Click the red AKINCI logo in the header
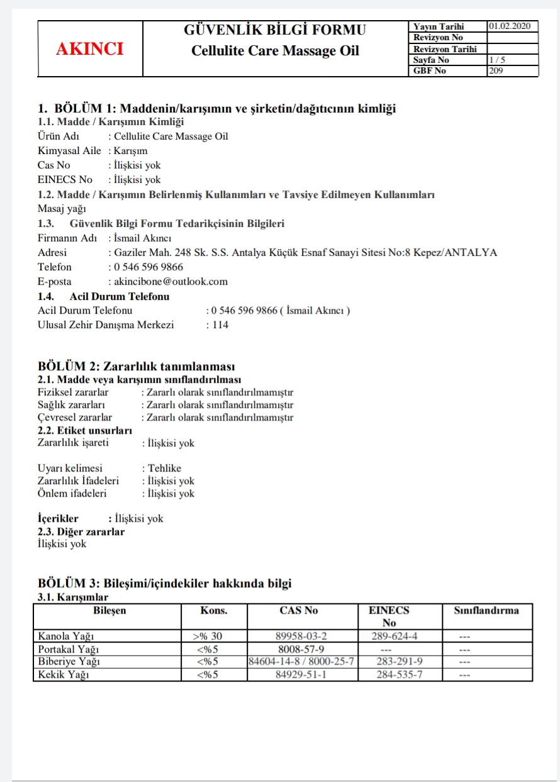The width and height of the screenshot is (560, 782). point(90,49)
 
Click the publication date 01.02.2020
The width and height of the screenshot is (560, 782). point(509,26)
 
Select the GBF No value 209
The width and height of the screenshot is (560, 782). point(496,70)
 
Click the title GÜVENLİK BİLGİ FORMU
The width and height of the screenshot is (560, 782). point(275,30)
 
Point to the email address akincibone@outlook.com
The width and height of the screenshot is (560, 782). point(171,282)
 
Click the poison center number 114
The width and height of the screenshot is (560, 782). point(220,325)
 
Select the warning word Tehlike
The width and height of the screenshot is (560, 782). point(164,468)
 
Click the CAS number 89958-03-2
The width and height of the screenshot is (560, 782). point(302,636)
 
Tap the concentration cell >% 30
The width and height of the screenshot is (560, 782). point(208,636)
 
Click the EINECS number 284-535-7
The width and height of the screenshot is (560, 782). point(399,675)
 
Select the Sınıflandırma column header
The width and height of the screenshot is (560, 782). point(486,610)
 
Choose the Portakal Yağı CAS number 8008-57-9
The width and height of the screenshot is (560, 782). point(301,649)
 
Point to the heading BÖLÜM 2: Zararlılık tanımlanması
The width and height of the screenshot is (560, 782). point(137,366)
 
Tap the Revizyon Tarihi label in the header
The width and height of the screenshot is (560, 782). point(445,49)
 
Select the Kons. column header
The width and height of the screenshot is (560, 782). point(213,610)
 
